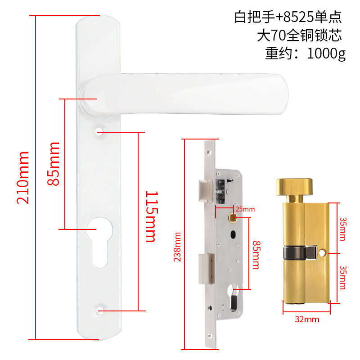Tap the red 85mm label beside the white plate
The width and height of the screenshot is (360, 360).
[x=54, y=164]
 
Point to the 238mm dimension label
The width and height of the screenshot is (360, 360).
[x=178, y=246]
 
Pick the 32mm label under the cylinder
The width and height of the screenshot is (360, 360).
[x=307, y=319]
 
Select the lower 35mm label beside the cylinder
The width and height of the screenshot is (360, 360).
[x=342, y=276]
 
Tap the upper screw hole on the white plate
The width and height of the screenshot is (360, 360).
[x=99, y=132]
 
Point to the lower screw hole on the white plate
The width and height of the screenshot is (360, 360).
[x=100, y=310]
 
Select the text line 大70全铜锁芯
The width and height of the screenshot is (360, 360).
[x=299, y=35]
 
